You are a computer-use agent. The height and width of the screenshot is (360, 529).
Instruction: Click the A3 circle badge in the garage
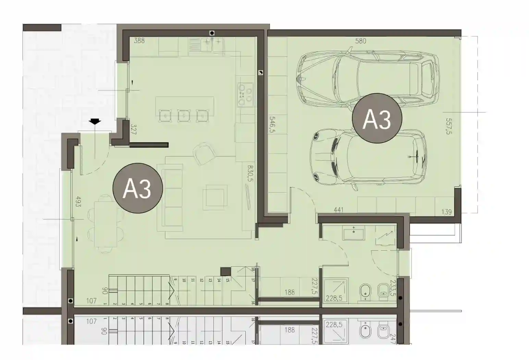[x=377, y=118]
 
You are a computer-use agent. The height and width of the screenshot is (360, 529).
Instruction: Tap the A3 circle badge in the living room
[x=137, y=188]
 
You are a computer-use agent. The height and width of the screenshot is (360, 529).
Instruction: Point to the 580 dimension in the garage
[x=360, y=41]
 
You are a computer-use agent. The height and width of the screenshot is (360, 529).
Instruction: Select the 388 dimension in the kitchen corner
[x=139, y=40]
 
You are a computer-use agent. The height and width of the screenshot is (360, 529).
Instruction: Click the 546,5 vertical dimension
[x=273, y=124]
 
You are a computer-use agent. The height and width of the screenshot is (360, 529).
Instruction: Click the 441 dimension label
[x=338, y=210]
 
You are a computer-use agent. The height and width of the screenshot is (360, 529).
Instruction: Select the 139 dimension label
[x=446, y=212]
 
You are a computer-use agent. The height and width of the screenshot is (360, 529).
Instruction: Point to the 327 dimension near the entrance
[x=134, y=130]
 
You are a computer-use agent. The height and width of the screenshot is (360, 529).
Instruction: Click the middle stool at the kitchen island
[x=184, y=116]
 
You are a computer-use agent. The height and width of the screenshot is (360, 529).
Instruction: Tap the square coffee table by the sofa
[x=215, y=197]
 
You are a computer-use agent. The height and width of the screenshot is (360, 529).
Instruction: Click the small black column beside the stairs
[x=225, y=272]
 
